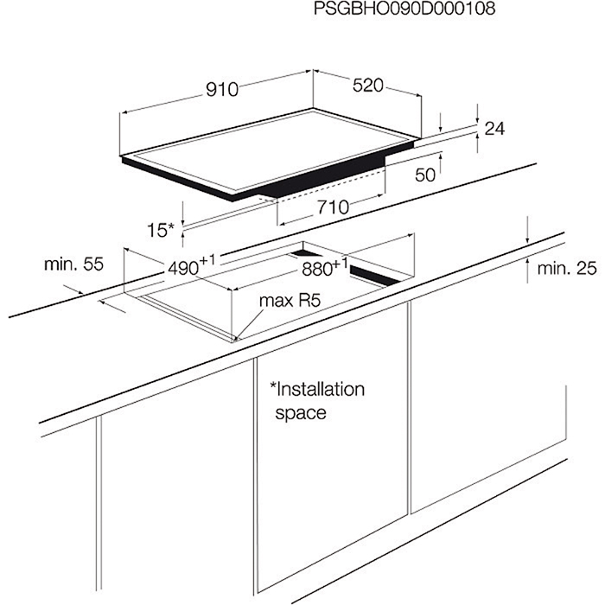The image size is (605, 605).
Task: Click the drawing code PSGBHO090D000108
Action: click(404, 8)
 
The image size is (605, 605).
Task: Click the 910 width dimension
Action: click(222, 90)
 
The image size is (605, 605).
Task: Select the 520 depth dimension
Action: click(367, 86)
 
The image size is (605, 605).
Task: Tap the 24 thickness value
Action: click(494, 129)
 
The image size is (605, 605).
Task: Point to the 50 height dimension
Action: click(425, 175)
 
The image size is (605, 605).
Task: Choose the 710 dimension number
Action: click(334, 207)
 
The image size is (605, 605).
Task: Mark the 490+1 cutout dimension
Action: click(191, 266)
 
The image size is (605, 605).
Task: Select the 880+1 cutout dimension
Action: click(325, 266)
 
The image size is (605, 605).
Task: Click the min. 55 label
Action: click(74, 264)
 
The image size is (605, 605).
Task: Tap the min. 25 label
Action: click(567, 268)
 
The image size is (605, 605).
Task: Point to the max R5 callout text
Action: click(290, 301)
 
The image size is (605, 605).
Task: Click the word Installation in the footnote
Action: click(317, 389)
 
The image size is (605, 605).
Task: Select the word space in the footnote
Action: click(301, 413)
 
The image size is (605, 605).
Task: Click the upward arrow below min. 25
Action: click(527, 271)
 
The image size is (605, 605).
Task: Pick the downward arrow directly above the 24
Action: click(478, 113)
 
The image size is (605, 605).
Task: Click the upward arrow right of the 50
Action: click(440, 163)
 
